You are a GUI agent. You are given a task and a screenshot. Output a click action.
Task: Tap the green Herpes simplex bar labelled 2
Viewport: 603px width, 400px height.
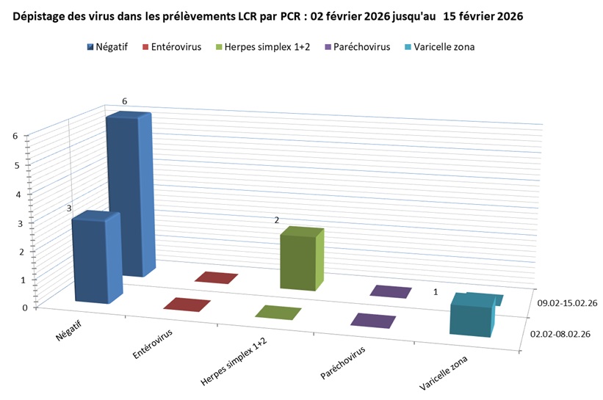tap(300, 261)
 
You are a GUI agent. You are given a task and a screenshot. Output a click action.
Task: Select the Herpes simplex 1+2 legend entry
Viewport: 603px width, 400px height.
tap(261, 47)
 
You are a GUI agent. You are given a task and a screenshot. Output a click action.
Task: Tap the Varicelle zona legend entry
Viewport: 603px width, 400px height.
tap(442, 47)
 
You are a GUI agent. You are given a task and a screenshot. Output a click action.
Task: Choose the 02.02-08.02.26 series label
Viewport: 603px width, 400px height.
tap(560, 335)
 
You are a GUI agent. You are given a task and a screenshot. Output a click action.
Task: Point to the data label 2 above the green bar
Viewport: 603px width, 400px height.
tap(277, 220)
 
